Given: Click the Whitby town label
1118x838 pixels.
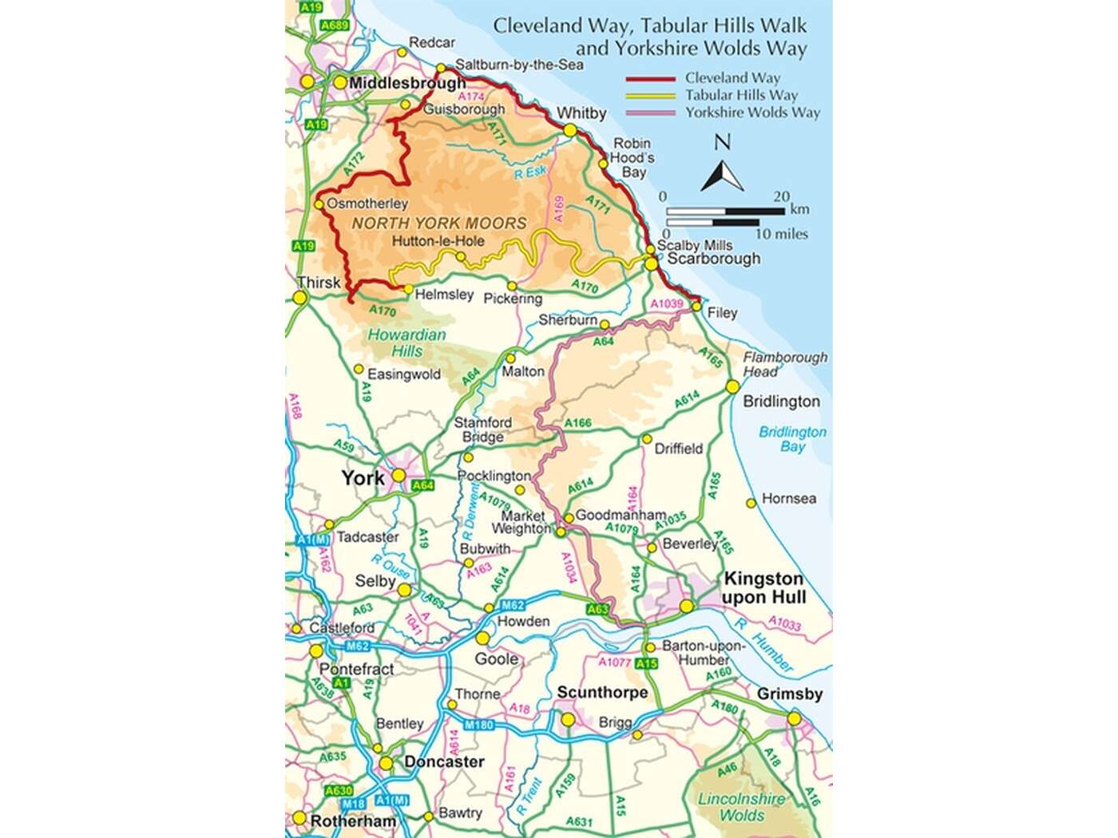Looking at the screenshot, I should click(581, 113).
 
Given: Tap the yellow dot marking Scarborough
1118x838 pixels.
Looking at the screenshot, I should click(652, 263).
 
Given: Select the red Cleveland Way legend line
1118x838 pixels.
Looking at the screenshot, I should click(650, 79).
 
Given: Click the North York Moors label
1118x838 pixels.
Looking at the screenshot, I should click(439, 223).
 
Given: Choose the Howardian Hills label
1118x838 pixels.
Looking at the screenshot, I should click(406, 342).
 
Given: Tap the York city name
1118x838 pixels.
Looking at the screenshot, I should click(363, 478).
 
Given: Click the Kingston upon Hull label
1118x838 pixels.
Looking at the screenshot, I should click(763, 588).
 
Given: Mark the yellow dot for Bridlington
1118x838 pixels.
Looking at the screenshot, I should click(732, 387).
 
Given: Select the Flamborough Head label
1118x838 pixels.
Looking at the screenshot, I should click(785, 364).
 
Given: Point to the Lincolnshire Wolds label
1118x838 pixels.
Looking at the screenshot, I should click(742, 807).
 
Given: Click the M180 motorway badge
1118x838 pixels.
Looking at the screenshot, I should click(479, 725).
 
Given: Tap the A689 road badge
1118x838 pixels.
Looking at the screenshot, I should click(334, 26).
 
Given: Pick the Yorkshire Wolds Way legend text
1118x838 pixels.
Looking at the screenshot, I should click(752, 113).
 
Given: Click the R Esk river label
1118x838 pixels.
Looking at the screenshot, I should click(530, 172).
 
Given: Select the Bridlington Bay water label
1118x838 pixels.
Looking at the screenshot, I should click(792, 439).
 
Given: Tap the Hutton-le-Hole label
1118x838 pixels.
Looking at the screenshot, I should click(438, 240).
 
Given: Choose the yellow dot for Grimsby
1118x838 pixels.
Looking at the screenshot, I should click(794, 719).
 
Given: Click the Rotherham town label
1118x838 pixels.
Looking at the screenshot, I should click(353, 821).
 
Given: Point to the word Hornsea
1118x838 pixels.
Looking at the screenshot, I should click(789, 499).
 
